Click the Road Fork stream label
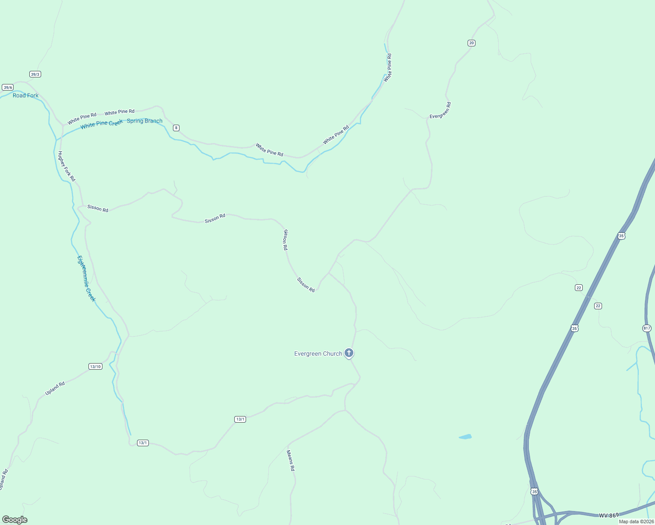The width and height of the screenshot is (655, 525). (25, 95)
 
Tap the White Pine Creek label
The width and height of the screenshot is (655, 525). (102, 124)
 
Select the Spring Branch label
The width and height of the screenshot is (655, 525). (144, 121)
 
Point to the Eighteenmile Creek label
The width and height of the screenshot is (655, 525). (86, 279)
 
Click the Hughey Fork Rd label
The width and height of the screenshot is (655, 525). (67, 166)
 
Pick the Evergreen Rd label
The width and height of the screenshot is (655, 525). (440, 110)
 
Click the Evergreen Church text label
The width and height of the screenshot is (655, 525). (318, 353)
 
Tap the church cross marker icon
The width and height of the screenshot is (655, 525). (349, 353)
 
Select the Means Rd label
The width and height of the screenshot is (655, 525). (291, 461)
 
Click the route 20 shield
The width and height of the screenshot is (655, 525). (471, 43)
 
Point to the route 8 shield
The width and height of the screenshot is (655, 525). (176, 128)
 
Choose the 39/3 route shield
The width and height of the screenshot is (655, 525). (35, 74)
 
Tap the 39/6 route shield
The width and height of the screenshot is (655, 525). (7, 87)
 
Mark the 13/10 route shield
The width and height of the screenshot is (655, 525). (95, 367)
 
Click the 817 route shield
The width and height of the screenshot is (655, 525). (647, 328)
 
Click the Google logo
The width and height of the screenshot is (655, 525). (15, 520)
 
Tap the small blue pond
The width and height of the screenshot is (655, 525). (465, 437)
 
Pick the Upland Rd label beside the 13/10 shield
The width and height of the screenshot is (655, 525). (55, 388)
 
